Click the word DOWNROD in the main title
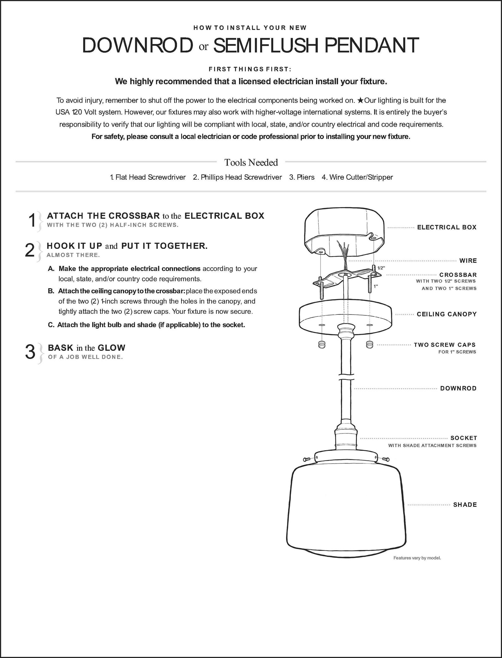point(137,45)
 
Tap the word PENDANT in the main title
point(372,45)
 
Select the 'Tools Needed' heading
point(251,162)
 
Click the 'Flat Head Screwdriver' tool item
point(148,177)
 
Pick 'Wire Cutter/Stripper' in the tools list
point(357,177)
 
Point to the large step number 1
point(32,220)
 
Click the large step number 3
point(30,352)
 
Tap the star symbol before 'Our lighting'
point(360,100)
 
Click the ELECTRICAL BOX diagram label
point(447,227)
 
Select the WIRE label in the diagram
point(468,261)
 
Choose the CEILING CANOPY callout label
point(447,314)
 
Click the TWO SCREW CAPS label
point(445,345)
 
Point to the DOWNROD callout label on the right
point(458,388)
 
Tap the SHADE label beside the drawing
point(465,505)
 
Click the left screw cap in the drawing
point(321,344)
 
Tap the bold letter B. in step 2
point(51,291)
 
